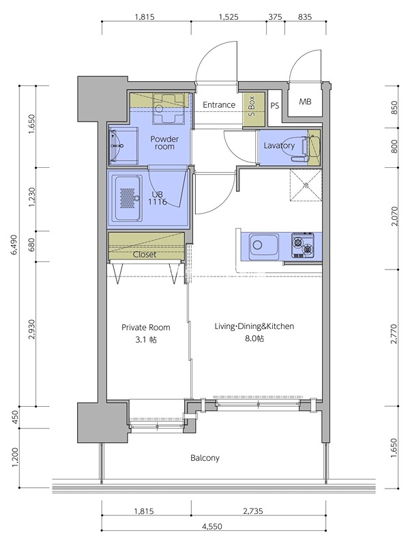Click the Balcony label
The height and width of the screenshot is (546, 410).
pyautogui.click(x=205, y=457)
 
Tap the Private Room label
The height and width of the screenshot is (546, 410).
pyautogui.click(x=145, y=328)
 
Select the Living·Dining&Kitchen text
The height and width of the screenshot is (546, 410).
pyautogui.click(x=254, y=326)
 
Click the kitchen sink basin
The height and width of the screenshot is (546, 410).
pyautogui.click(x=263, y=245)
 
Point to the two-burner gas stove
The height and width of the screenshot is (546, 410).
pyautogui.click(x=302, y=245)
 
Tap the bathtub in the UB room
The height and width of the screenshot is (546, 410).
pyautogui.click(x=128, y=198)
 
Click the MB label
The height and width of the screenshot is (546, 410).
pyautogui.click(x=305, y=102)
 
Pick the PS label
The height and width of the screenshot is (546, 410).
pyautogui.click(x=275, y=105)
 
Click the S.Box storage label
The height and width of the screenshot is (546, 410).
pyautogui.click(x=252, y=106)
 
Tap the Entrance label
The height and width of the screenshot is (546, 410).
pyautogui.click(x=219, y=105)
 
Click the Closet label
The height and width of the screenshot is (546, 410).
pyautogui.click(x=145, y=255)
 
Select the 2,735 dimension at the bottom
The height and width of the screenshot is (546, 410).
pyautogui.click(x=252, y=511)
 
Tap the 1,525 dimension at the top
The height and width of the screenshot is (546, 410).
pyautogui.click(x=229, y=16)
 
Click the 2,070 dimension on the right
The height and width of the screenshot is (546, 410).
pyautogui.click(x=394, y=216)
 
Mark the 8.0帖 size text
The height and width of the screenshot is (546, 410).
pyautogui.click(x=254, y=339)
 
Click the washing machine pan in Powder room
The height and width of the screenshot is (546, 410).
pyautogui.click(x=168, y=109)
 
